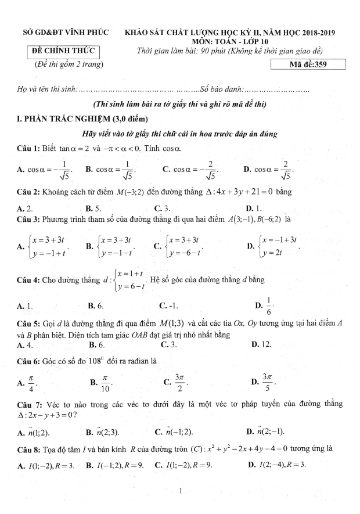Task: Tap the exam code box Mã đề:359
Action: tap(308, 64)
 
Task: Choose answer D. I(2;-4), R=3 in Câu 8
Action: tap(276, 465)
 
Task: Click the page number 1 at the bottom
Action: tap(181, 492)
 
